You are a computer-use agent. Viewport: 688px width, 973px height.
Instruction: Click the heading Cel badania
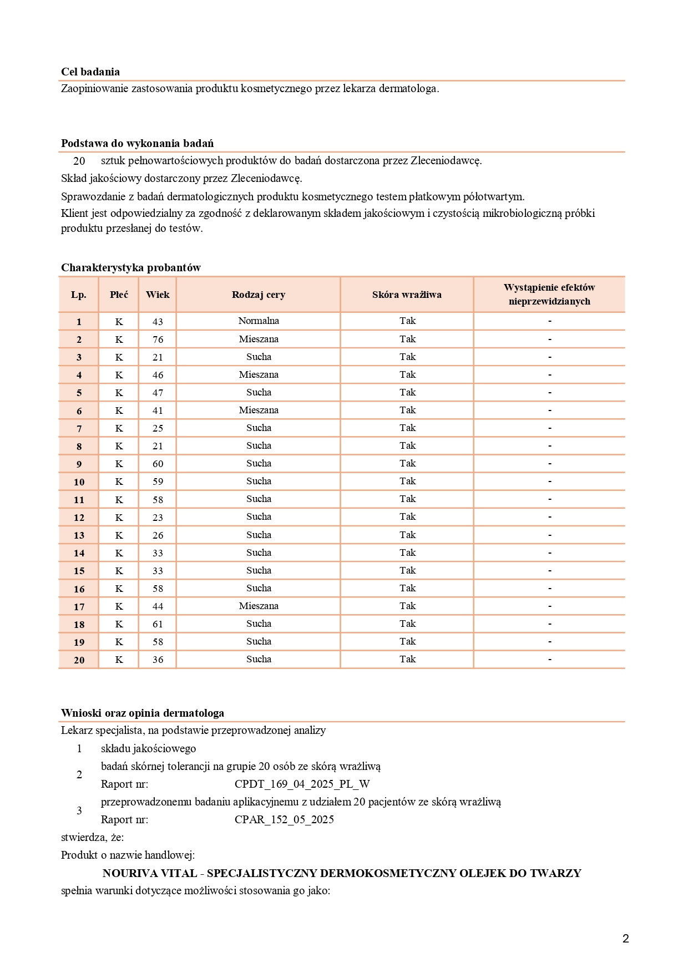coord(90,72)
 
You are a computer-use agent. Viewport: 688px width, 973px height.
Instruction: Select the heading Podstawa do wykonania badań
coord(137,143)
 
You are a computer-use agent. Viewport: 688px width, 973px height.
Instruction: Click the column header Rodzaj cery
coord(259,295)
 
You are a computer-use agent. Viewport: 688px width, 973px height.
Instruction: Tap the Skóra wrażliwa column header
coord(407,295)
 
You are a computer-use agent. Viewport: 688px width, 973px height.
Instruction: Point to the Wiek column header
coord(158,295)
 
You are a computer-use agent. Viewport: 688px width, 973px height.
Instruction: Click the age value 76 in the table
coord(158,339)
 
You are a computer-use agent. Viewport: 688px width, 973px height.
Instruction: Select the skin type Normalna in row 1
coord(259,321)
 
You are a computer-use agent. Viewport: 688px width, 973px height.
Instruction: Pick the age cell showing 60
coord(158,464)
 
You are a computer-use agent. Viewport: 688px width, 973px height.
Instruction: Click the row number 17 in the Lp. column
coord(79,606)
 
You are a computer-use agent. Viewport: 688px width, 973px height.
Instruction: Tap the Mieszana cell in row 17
coord(259,606)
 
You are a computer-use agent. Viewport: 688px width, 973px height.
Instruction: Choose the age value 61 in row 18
coord(158,624)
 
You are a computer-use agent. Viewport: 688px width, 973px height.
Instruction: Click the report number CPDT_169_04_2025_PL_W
coord(302,784)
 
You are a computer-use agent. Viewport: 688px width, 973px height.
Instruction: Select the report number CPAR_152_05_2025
coord(284,819)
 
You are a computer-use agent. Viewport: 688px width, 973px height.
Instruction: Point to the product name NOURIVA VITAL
coord(150,873)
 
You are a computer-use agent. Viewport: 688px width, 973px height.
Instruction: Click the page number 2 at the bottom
coord(626,939)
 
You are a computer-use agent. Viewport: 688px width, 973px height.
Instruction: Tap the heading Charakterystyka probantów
coord(131,267)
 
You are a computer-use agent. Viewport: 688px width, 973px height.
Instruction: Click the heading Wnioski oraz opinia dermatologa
coord(143,713)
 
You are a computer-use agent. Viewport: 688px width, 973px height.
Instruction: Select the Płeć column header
coord(119,295)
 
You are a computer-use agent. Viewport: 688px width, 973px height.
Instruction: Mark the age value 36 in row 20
coord(158,660)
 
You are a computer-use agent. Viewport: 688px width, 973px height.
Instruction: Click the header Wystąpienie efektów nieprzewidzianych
coord(549,294)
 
